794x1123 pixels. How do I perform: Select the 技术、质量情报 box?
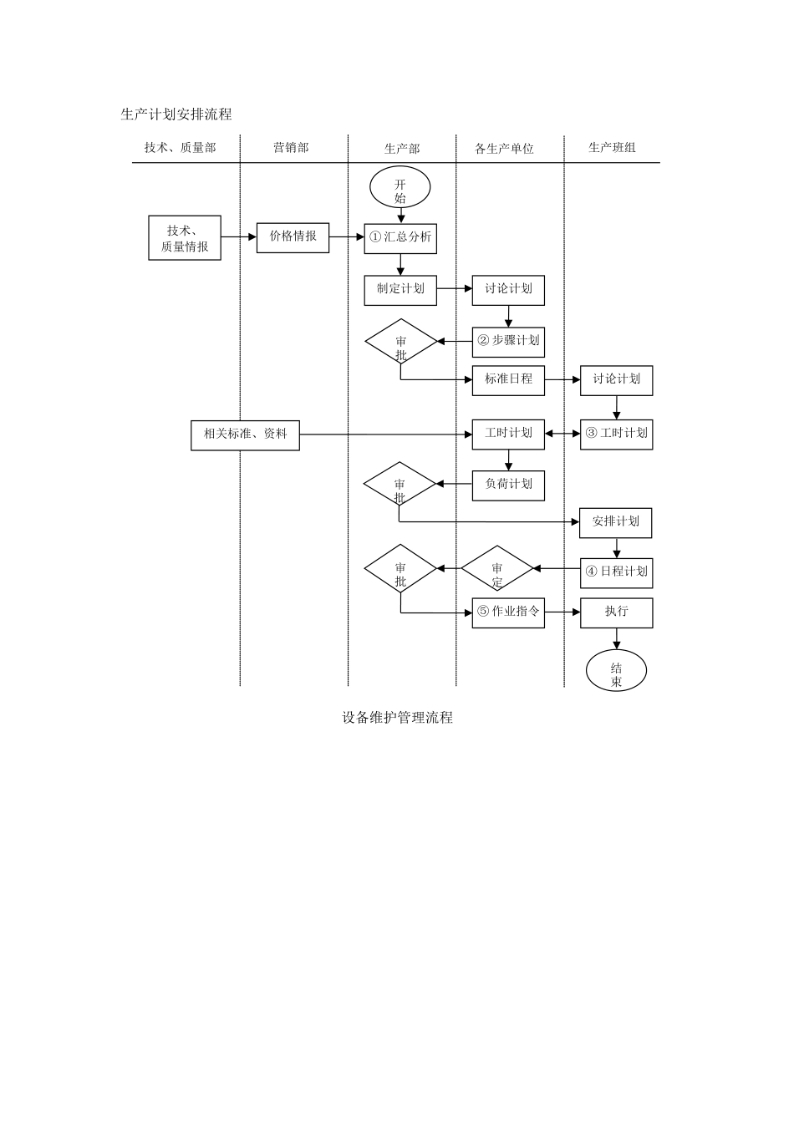click(185, 238)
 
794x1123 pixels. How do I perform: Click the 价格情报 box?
click(293, 237)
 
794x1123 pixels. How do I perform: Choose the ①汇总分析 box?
click(400, 238)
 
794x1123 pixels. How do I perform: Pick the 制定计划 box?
click(400, 289)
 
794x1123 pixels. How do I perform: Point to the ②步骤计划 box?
click(508, 341)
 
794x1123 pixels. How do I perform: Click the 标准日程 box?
click(508, 379)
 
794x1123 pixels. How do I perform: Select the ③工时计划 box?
click(617, 434)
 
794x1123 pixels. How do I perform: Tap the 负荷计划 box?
click(508, 485)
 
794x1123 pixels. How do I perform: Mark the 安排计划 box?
click(616, 522)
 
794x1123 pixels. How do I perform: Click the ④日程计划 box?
click(617, 572)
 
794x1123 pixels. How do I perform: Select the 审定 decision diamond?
click(497, 569)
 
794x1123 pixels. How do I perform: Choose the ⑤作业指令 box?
click(508, 612)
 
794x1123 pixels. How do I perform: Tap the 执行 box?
click(617, 612)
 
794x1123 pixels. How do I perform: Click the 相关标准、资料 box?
click(245, 434)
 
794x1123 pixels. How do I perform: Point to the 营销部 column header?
click(291, 148)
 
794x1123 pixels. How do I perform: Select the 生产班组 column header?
click(612, 148)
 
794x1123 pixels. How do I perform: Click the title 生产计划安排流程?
click(176, 114)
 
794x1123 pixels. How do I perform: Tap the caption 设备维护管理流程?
click(397, 718)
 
